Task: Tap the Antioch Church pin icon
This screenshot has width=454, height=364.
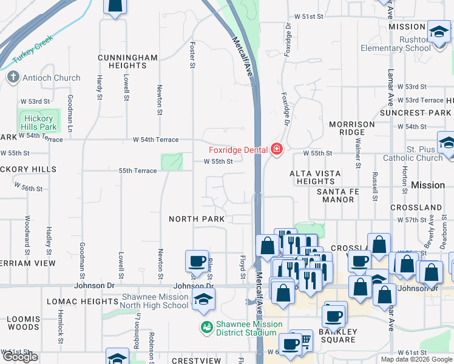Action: point(13,78)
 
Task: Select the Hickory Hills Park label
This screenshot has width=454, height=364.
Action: point(39,123)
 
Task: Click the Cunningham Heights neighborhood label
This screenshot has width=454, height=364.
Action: point(128,62)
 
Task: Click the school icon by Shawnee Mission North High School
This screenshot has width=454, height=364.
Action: point(203,298)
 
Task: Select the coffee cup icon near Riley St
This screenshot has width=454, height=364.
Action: point(196,261)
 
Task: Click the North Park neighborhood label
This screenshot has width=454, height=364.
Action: point(197,218)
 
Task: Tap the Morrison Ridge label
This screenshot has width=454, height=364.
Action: point(352,128)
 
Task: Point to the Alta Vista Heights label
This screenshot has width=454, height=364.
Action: point(315,177)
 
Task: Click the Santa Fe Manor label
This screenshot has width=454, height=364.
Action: point(338,195)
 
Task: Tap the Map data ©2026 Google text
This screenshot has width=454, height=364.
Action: point(416,359)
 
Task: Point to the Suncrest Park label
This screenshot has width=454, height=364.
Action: point(415,113)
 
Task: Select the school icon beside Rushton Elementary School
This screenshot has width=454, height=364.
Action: point(438,32)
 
